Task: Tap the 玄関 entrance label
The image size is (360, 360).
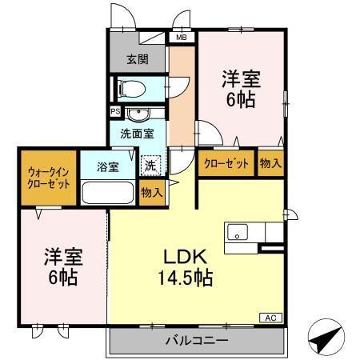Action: [138, 58]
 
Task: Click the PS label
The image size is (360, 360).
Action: [115, 111]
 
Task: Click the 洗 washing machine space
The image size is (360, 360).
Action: [150, 166]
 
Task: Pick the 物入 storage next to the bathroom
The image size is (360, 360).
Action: [150, 192]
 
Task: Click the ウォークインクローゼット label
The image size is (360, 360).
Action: [49, 176]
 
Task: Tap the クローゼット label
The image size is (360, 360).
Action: [226, 163]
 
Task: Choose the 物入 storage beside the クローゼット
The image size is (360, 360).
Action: [270, 163]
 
